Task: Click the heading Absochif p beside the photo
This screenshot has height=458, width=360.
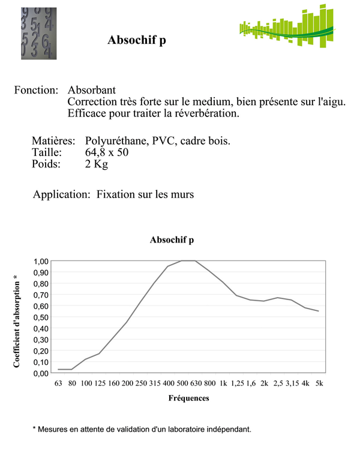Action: [136, 40]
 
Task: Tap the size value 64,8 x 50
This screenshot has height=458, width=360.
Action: [107, 152]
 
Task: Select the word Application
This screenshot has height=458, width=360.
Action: [62, 194]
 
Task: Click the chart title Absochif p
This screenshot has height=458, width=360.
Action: [172, 240]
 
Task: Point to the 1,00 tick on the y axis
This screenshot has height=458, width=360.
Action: [42, 261]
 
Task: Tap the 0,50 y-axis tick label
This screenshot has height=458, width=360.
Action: [42, 317]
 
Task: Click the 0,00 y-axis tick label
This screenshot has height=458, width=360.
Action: [42, 373]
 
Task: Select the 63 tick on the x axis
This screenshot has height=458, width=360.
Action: [58, 384]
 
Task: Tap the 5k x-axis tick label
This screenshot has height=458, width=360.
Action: [319, 384]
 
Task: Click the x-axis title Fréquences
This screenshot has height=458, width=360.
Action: [188, 398]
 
